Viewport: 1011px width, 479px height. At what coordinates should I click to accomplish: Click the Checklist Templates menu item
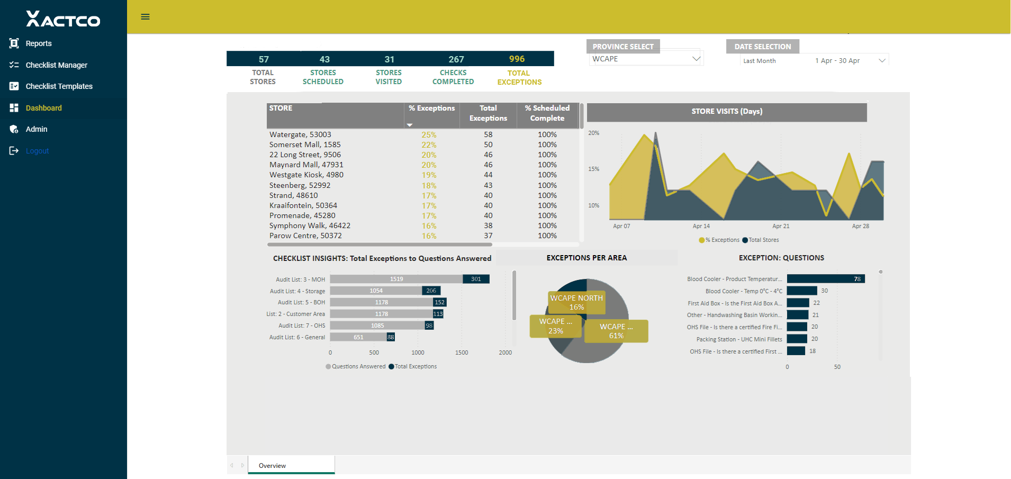pyautogui.click(x=59, y=86)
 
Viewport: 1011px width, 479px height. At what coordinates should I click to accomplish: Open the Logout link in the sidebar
pyautogui.click(x=37, y=151)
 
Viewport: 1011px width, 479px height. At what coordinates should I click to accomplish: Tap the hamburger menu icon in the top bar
pyautogui.click(x=145, y=17)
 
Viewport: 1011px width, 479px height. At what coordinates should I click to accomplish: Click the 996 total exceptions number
pyautogui.click(x=517, y=59)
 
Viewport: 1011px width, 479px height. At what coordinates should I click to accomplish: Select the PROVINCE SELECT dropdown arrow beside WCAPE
pyautogui.click(x=696, y=59)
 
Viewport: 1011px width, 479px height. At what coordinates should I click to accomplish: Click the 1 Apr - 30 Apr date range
pyautogui.click(x=837, y=61)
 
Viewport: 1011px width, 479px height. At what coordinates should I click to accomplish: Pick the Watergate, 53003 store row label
pyautogui.click(x=300, y=134)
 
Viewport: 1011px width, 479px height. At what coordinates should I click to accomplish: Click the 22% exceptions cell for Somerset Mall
pyautogui.click(x=429, y=145)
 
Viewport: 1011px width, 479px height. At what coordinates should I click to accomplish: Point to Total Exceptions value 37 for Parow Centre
pyautogui.click(x=488, y=236)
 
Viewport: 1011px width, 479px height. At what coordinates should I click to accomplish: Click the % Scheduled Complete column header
pyautogui.click(x=547, y=113)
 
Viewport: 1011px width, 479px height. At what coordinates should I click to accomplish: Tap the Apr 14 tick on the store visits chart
pyautogui.click(x=701, y=226)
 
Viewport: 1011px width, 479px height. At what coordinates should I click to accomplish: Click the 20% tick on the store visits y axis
pyautogui.click(x=594, y=133)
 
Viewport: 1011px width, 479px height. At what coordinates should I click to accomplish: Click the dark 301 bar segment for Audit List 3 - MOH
pyautogui.click(x=476, y=279)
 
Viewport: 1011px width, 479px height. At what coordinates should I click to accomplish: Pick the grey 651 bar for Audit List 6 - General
pyautogui.click(x=358, y=337)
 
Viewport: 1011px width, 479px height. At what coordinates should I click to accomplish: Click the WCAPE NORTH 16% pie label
pyautogui.click(x=576, y=302)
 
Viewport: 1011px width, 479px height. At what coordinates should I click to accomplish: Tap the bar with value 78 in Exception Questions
pyautogui.click(x=826, y=279)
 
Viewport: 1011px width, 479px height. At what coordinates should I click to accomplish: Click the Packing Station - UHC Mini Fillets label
pyautogui.click(x=739, y=339)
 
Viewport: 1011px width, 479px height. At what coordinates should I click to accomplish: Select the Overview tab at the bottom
pyautogui.click(x=272, y=466)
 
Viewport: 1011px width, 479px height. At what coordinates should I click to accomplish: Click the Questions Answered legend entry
pyautogui.click(x=355, y=366)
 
